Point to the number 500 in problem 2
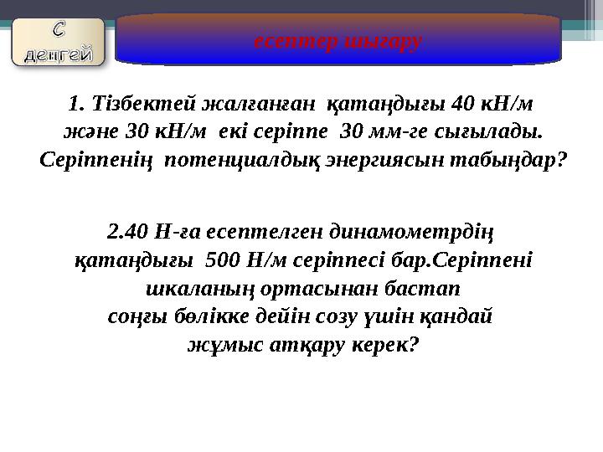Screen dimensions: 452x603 [221, 259]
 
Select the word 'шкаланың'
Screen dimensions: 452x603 [185, 289]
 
